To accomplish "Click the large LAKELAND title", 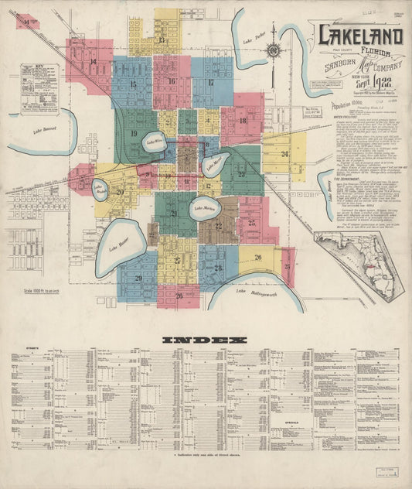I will click(359, 37).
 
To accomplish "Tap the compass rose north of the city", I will click(273, 52).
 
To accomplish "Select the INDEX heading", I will click(206, 339).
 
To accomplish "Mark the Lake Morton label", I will click(204, 207).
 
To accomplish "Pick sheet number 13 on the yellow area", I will click(162, 39).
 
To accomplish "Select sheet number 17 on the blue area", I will click(210, 82).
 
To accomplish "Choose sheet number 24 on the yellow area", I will click(284, 154).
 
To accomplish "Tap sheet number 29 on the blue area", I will click(138, 278).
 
